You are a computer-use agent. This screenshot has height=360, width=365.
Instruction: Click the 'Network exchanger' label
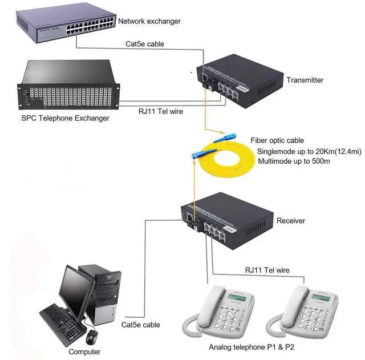pos(149,22)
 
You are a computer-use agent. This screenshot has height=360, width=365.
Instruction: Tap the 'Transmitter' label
pos(305,80)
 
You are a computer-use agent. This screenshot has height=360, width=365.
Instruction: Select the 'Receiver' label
pos(290,221)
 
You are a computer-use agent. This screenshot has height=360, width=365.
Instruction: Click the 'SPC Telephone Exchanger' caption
pos(64,118)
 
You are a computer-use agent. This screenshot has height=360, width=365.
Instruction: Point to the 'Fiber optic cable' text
pos(277,140)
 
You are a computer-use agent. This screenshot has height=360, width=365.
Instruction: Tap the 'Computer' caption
pos(84,352)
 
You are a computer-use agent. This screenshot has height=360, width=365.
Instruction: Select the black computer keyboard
pos(63,319)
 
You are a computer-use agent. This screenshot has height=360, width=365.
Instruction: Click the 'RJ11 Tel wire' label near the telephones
pos(267,269)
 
